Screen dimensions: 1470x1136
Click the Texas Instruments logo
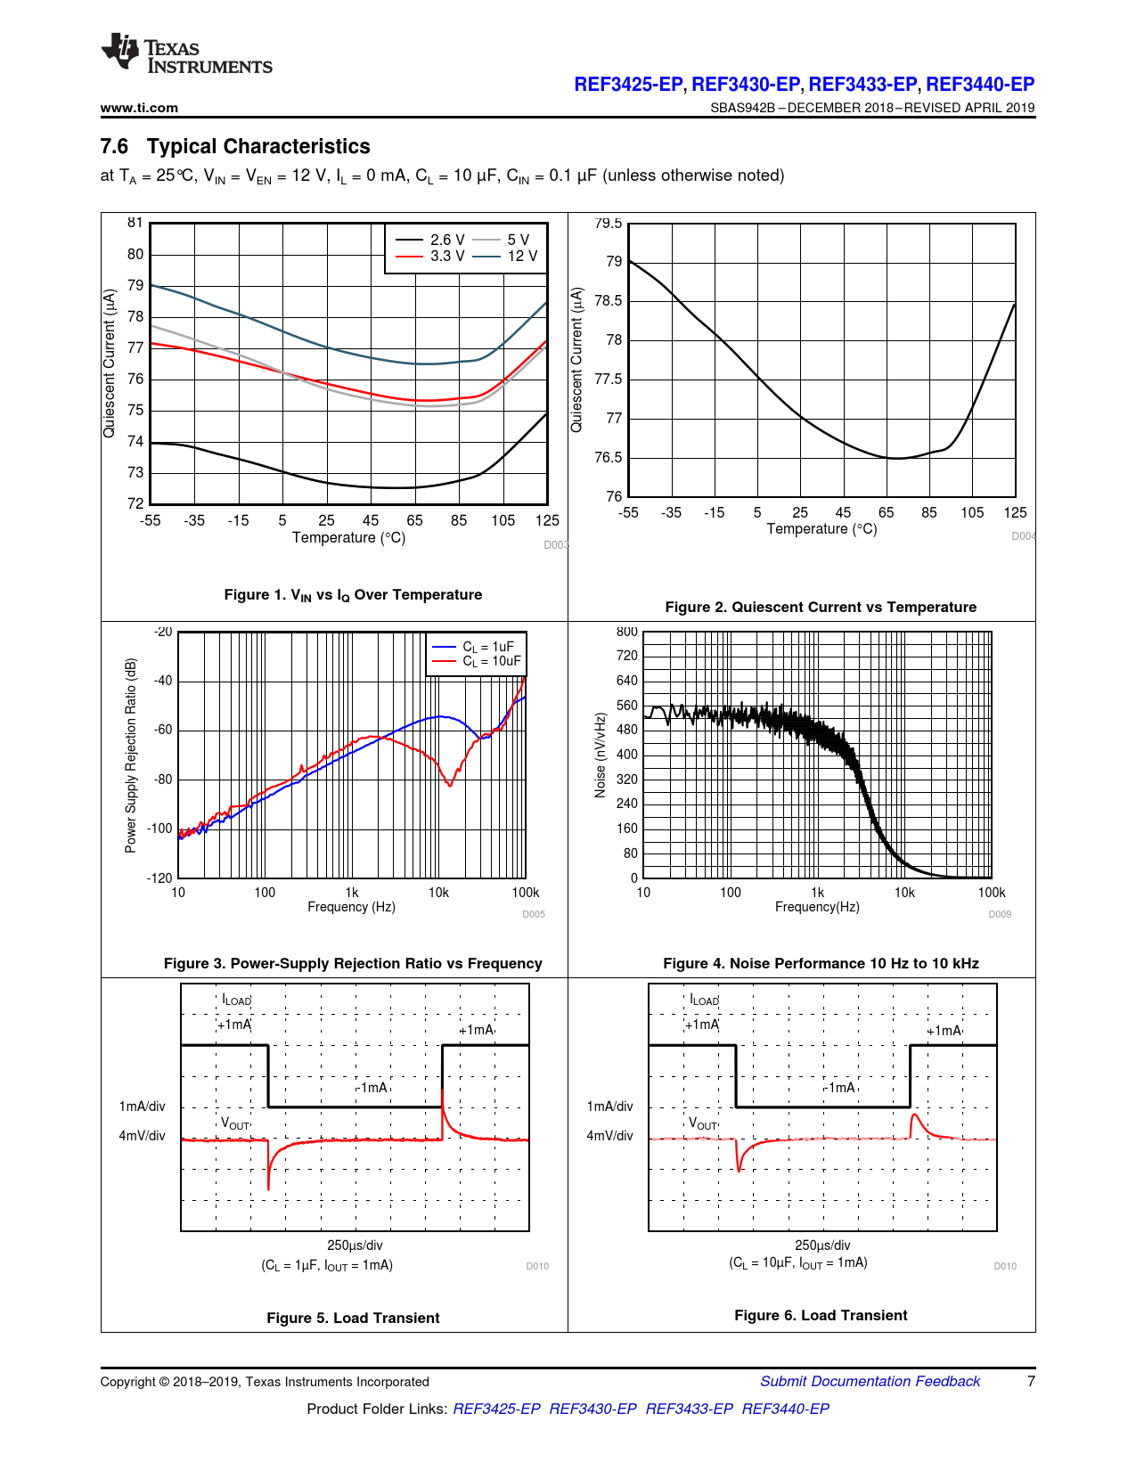(186, 53)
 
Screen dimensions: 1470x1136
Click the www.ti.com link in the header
(139, 108)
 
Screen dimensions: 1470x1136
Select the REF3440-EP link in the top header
(980, 85)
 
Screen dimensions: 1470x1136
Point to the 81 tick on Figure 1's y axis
(135, 223)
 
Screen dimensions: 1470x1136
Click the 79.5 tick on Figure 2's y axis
(608, 223)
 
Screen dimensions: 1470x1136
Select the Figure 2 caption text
(821, 608)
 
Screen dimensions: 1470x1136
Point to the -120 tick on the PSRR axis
(160, 878)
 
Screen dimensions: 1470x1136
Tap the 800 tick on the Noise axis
(627, 632)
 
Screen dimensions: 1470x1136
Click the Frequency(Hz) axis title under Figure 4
(817, 907)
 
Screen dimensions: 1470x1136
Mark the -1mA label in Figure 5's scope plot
(373, 1087)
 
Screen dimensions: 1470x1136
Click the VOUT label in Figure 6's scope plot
(703, 1123)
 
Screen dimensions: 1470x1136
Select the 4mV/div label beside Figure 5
(143, 1136)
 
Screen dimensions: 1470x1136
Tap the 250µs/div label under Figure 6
(822, 1245)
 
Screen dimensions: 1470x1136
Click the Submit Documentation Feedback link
(870, 1382)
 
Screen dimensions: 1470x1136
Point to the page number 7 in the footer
(1031, 1382)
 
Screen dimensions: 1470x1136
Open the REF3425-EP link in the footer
(496, 1409)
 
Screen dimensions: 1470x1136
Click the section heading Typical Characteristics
(258, 147)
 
